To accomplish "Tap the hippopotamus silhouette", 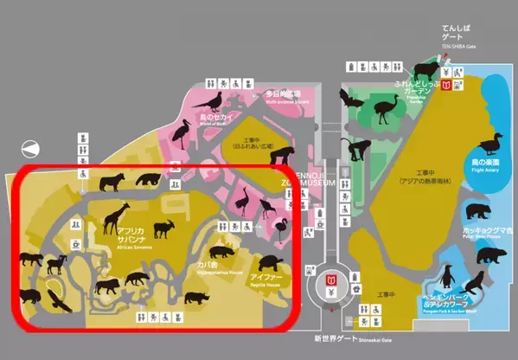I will click(220, 253).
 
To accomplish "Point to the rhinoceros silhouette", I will click(196, 297).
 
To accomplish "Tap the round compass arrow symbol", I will click(32, 148).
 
